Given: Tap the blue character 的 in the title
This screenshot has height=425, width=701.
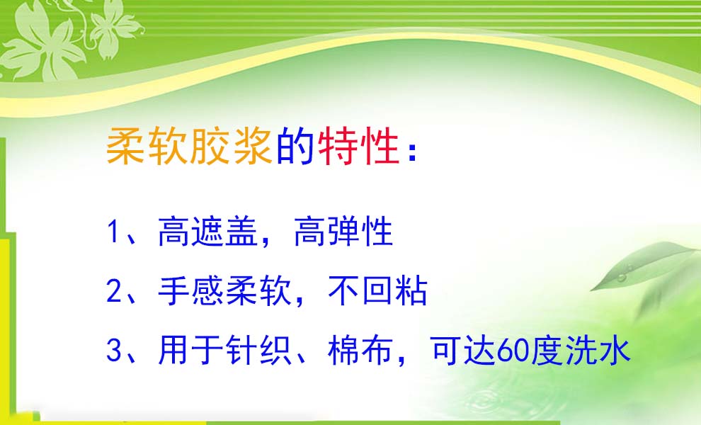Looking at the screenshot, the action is (x=295, y=146).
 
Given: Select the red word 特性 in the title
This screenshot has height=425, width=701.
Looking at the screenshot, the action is (x=358, y=146).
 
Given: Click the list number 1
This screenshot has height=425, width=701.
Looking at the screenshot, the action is (x=113, y=232).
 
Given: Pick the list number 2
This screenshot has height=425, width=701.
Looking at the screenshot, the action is (x=114, y=290).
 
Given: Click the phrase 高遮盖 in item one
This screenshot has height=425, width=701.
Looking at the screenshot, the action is (x=208, y=232).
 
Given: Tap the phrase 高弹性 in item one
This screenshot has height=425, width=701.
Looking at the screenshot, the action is (x=343, y=232).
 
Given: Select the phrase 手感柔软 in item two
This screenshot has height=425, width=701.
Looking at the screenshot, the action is (x=225, y=291).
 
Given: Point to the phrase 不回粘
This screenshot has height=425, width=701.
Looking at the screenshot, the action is (x=378, y=291).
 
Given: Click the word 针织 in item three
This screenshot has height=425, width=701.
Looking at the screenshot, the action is (x=259, y=350).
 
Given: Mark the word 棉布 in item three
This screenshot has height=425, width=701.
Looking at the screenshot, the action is (x=360, y=350).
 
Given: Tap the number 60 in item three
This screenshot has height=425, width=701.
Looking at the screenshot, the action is (x=513, y=351).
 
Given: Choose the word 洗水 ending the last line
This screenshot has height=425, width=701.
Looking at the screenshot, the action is (x=598, y=350).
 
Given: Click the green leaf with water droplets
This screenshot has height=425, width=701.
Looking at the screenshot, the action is (x=644, y=266).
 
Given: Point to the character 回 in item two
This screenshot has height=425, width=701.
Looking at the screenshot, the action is (x=378, y=291).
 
